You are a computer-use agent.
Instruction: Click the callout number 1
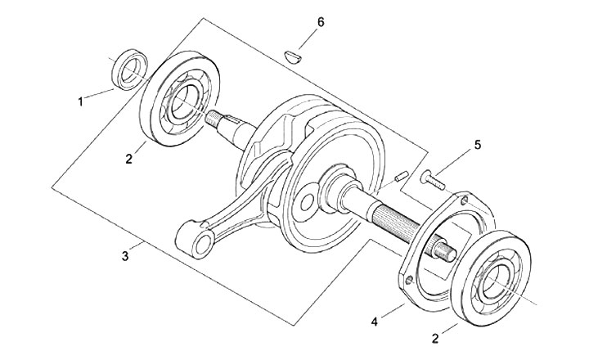tap(80, 101)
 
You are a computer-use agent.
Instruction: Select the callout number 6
tap(321, 22)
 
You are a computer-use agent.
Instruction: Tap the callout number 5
tap(478, 145)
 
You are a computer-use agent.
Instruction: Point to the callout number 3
tap(125, 256)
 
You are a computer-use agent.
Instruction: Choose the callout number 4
tap(374, 322)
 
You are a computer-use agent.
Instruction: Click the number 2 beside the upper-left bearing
tap(129, 159)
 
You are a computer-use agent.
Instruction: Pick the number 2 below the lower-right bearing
tap(435, 339)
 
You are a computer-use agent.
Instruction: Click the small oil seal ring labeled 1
tap(130, 70)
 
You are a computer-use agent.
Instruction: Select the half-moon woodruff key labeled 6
tap(292, 57)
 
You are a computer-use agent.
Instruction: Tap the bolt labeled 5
tap(434, 180)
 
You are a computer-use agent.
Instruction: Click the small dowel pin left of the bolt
tap(401, 176)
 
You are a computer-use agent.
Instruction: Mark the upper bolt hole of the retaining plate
tap(465, 200)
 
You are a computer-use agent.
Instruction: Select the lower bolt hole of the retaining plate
tap(410, 280)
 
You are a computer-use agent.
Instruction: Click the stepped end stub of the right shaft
tap(446, 253)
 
